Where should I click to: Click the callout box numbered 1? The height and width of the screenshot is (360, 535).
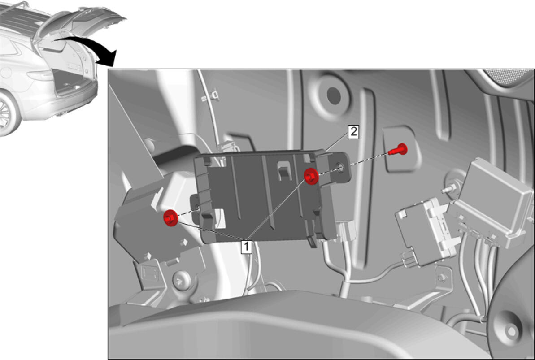[246, 247]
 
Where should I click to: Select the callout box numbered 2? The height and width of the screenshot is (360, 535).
[353, 132]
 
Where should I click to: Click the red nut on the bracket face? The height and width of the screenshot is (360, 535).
[311, 177]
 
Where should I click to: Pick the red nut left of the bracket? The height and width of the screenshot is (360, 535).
[170, 218]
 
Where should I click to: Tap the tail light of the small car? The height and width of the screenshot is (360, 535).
[41, 75]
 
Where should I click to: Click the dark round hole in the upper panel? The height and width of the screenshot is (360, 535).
[334, 95]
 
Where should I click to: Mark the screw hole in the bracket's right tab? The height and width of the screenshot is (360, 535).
[340, 167]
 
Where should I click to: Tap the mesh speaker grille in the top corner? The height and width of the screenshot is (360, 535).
[509, 75]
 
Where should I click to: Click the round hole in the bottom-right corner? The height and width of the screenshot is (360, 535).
[511, 331]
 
